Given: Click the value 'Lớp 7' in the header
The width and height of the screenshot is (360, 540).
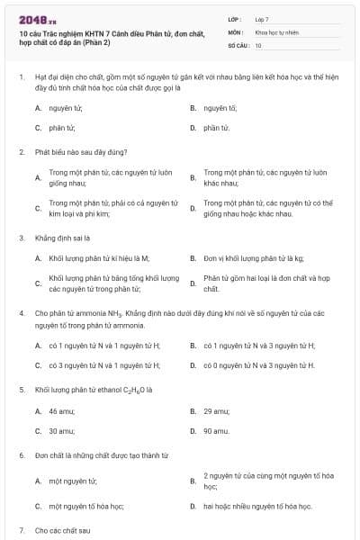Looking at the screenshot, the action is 262,18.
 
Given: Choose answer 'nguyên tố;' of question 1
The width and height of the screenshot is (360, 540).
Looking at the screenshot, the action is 220,107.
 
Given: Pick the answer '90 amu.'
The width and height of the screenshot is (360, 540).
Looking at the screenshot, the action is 216,431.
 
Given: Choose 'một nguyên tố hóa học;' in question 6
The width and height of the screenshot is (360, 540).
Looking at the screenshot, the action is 86,507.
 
